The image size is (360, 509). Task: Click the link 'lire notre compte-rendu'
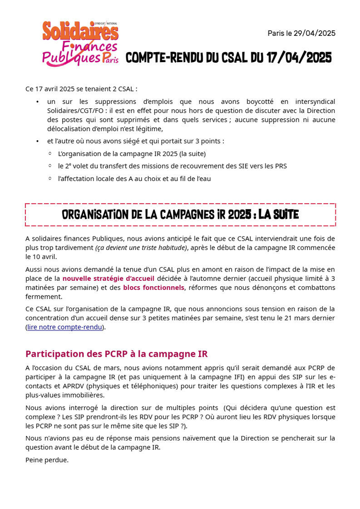coord(65,327)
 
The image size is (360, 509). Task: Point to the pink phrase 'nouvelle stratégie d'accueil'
coord(108,278)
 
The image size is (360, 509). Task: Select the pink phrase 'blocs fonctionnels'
coord(154,287)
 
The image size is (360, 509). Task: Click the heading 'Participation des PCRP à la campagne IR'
coord(116,354)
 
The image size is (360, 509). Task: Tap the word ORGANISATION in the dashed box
coord(100,215)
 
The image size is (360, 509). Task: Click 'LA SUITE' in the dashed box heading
coord(278,215)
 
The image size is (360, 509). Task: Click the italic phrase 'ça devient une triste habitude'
coord(141,248)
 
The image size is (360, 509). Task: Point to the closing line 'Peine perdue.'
coord(47,460)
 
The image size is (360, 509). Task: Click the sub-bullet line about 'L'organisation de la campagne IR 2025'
coord(132,154)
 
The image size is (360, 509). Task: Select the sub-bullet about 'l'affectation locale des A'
coord(134,178)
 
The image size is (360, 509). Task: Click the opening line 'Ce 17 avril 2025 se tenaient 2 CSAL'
coord(81,88)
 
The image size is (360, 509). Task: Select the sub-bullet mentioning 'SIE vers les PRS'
coord(172,166)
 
